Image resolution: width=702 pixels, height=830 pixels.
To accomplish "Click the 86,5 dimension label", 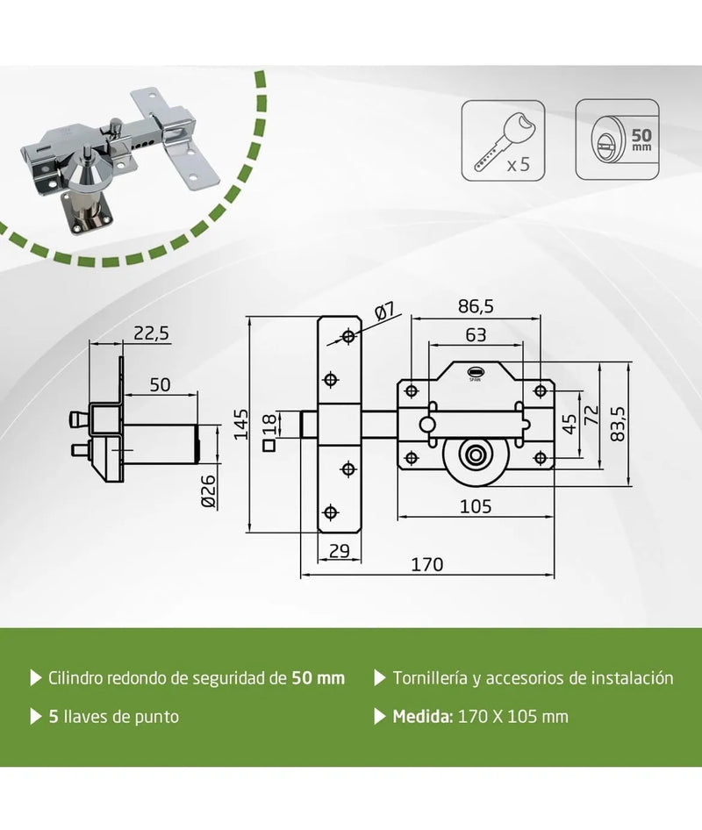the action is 476,306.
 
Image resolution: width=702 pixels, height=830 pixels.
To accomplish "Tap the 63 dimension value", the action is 476,334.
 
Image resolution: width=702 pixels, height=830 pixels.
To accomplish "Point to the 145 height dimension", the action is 241,424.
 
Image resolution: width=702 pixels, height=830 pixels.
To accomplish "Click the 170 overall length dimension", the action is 427,564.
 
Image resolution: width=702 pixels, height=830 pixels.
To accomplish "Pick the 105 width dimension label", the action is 476,506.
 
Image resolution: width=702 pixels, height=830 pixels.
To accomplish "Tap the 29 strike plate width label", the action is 339,551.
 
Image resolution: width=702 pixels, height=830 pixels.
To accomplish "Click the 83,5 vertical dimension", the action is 617,424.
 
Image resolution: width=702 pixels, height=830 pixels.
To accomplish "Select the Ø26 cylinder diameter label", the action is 209,491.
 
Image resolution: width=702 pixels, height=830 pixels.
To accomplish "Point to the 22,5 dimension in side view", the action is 151,333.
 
